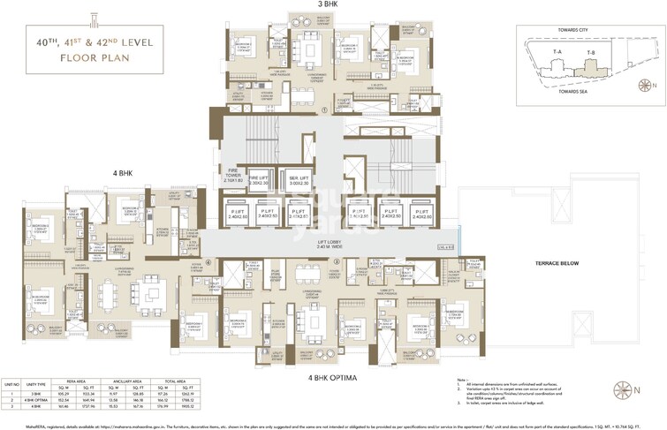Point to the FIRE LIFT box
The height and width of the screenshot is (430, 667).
pyautogui.click(x=259, y=181)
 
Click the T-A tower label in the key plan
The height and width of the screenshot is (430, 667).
pyautogui.click(x=557, y=55)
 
